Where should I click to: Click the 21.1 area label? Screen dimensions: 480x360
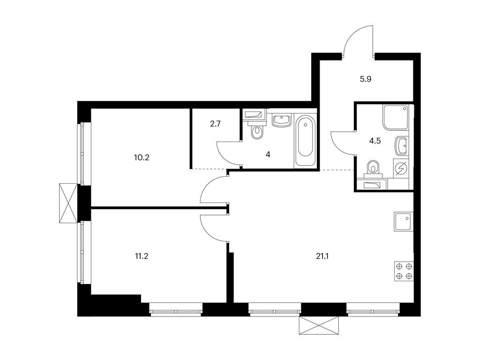(x=322, y=256)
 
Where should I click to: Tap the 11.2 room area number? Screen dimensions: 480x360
(x=142, y=256)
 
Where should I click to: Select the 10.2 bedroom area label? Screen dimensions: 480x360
(x=142, y=157)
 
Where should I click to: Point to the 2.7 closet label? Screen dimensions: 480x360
(x=216, y=124)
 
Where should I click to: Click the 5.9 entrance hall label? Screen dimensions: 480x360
(x=366, y=79)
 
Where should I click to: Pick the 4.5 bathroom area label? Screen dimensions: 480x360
(x=375, y=141)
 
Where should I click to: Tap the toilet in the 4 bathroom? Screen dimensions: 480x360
(x=256, y=131)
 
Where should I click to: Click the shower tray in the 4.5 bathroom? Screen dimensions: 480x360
(x=396, y=117)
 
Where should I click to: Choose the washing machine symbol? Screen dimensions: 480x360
(x=401, y=169)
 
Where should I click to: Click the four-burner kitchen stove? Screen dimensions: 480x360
(x=404, y=271)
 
